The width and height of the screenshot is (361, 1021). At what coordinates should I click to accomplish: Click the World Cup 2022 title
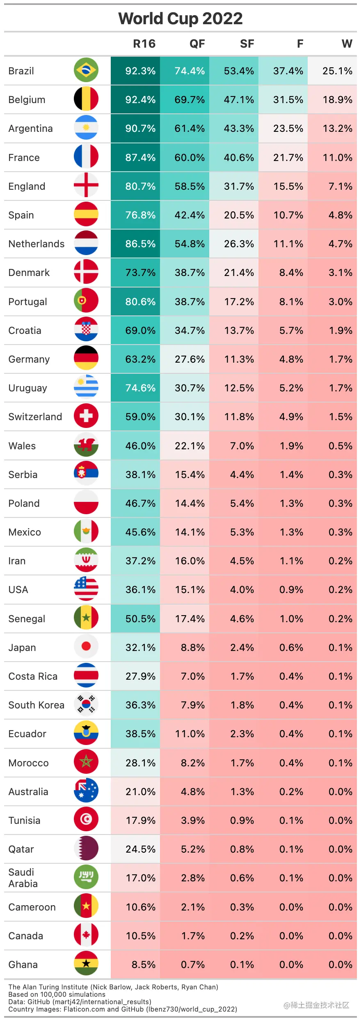[180, 18]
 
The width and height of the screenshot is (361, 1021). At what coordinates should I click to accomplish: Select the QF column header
[197, 44]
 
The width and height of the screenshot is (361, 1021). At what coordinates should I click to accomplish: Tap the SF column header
[247, 44]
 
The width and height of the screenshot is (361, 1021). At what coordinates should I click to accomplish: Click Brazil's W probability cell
[337, 71]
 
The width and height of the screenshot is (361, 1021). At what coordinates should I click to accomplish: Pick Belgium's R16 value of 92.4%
[140, 100]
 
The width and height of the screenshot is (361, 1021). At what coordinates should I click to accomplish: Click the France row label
[24, 158]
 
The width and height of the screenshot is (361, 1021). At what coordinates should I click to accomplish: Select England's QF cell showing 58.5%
[190, 186]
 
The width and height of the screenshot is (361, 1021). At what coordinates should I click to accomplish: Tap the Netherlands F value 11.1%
[288, 244]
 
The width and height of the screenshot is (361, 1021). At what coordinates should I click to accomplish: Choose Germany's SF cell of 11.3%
[239, 359]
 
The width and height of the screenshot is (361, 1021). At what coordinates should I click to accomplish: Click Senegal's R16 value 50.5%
[140, 619]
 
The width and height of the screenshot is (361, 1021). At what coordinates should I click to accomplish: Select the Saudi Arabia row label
[23, 878]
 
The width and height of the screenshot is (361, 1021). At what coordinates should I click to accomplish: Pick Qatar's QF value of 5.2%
[192, 849]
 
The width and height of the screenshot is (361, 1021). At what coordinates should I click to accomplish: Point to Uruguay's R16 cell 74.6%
[140, 388]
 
